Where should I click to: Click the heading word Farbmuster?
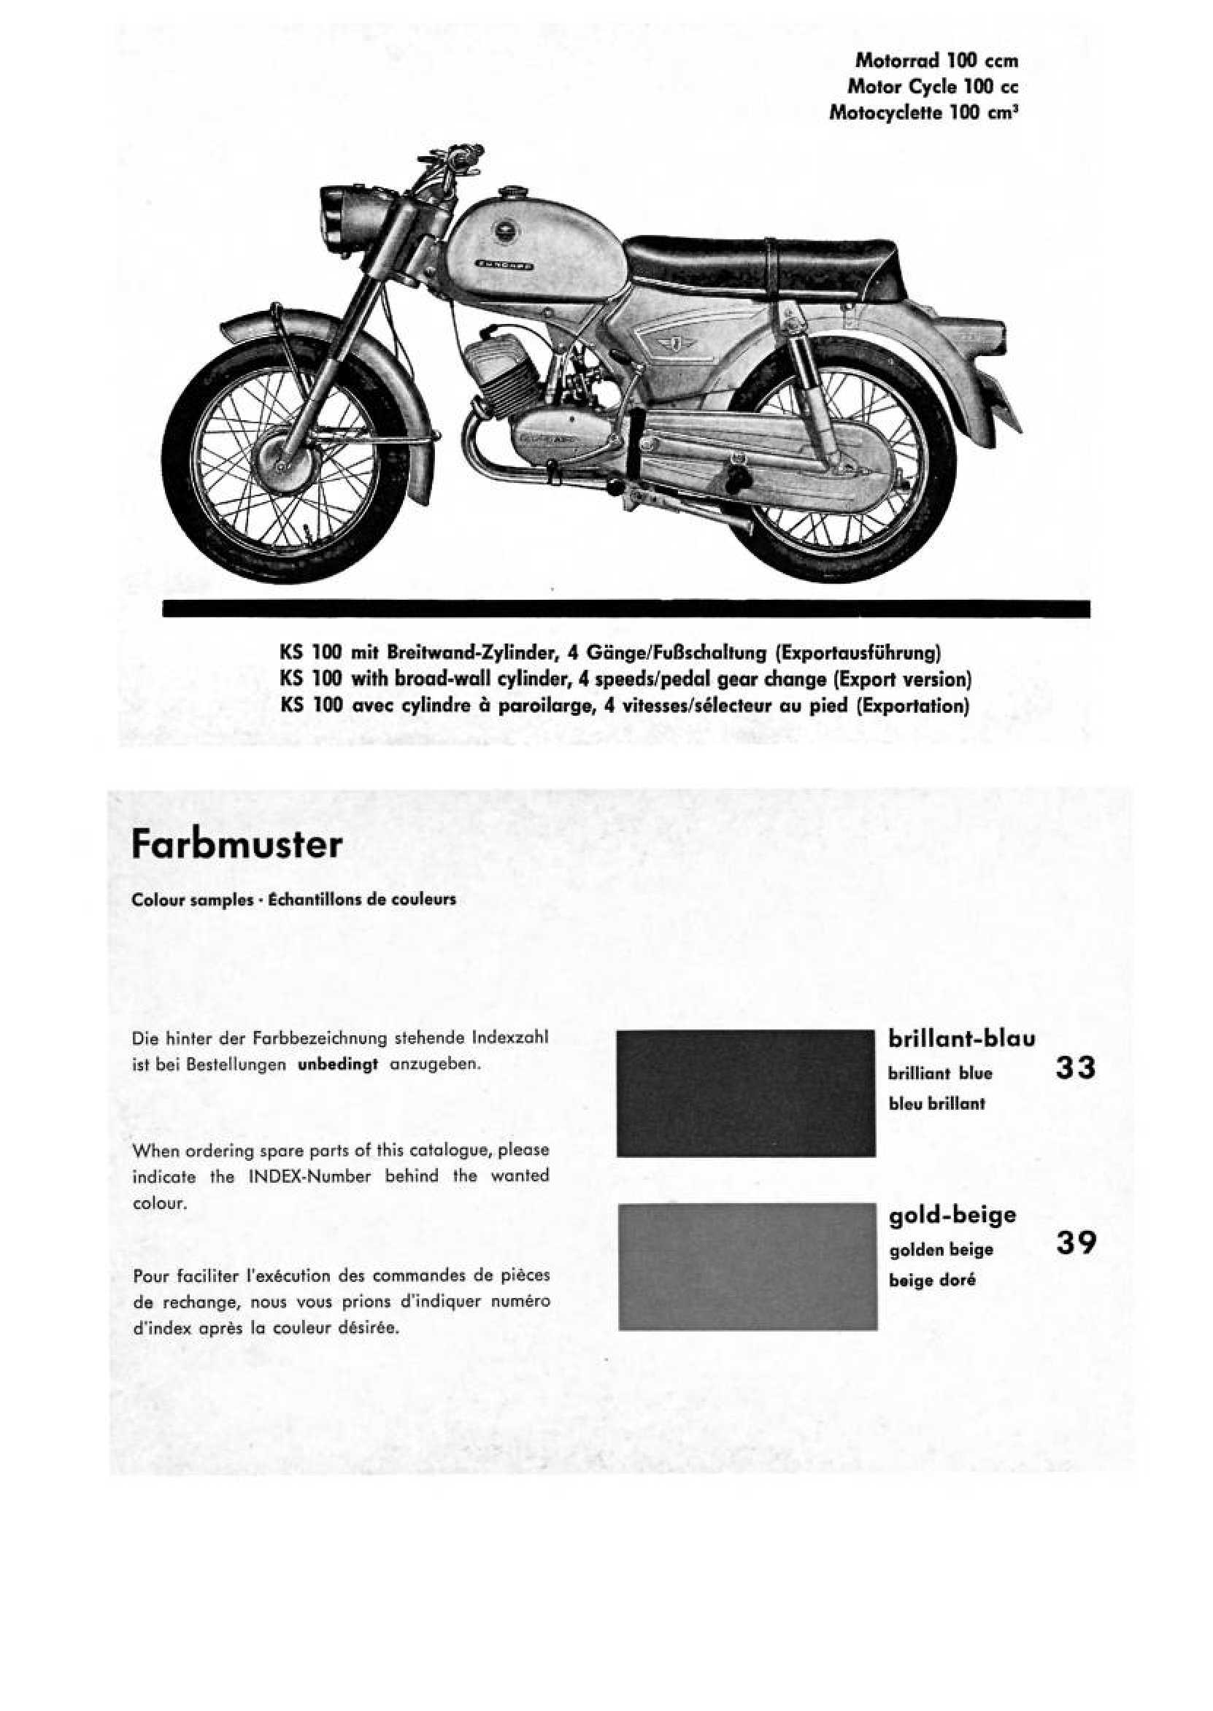(236, 845)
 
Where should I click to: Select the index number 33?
(1076, 1067)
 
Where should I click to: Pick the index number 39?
(1076, 1243)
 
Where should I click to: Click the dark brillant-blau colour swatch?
(745, 1093)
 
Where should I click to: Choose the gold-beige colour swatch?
(747, 1267)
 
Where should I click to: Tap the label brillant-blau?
(961, 1038)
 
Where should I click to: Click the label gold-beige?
(952, 1215)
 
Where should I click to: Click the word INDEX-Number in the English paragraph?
(309, 1175)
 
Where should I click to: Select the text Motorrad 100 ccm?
(936, 60)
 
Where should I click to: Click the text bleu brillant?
(936, 1103)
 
